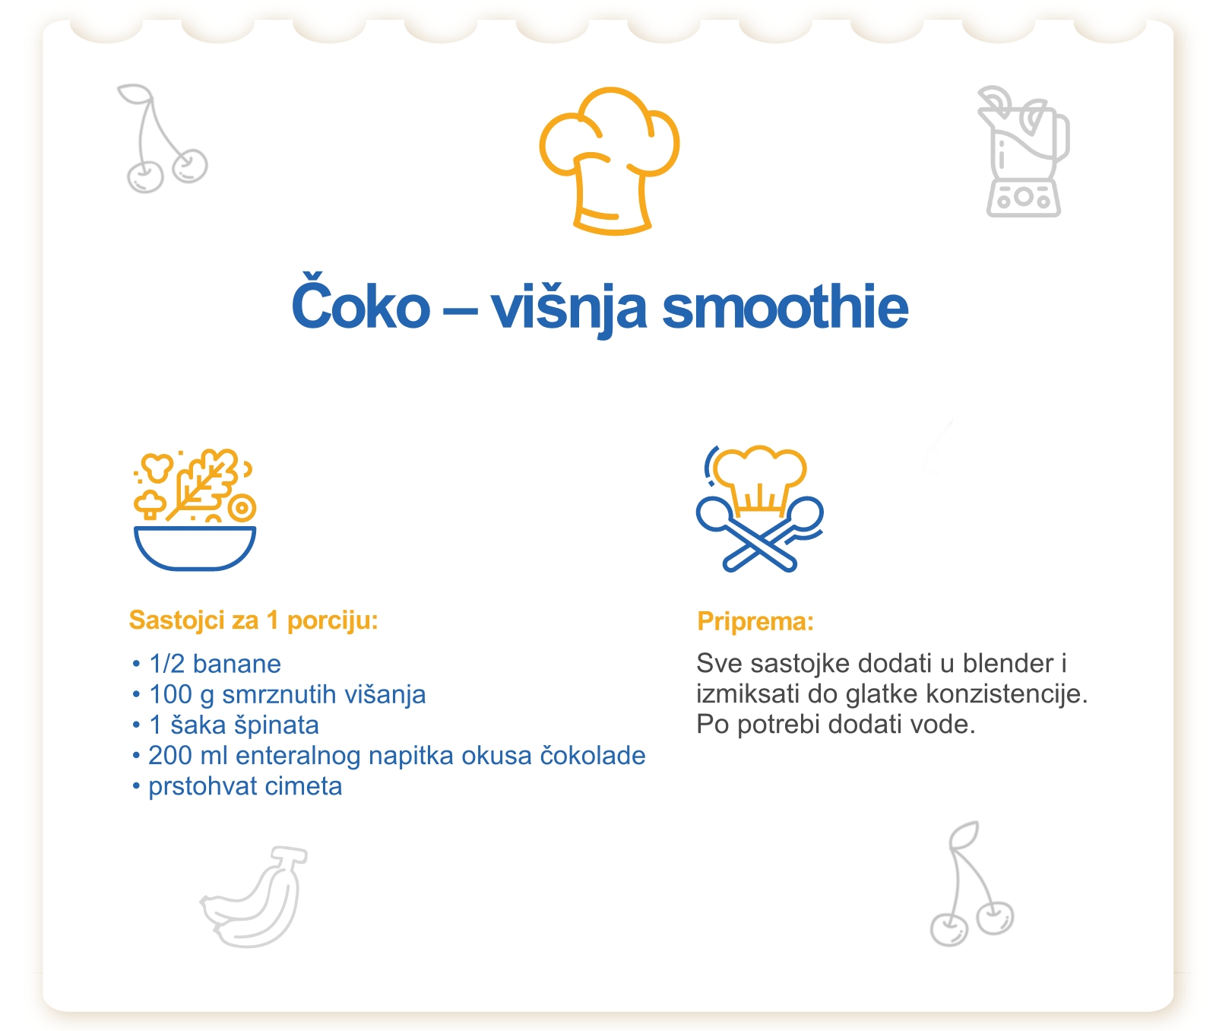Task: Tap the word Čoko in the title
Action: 361,305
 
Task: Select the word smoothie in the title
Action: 785,307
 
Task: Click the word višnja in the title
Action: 568,309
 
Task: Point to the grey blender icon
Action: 1023,152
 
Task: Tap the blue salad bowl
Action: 195,547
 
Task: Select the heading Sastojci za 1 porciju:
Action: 254,620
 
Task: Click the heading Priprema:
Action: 755,621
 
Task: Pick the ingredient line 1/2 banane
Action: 215,664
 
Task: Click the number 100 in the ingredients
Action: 170,694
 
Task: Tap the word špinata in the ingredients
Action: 276,725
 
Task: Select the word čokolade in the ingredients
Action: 593,755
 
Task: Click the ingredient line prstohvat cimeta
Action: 245,786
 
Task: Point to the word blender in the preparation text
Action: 1009,663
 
